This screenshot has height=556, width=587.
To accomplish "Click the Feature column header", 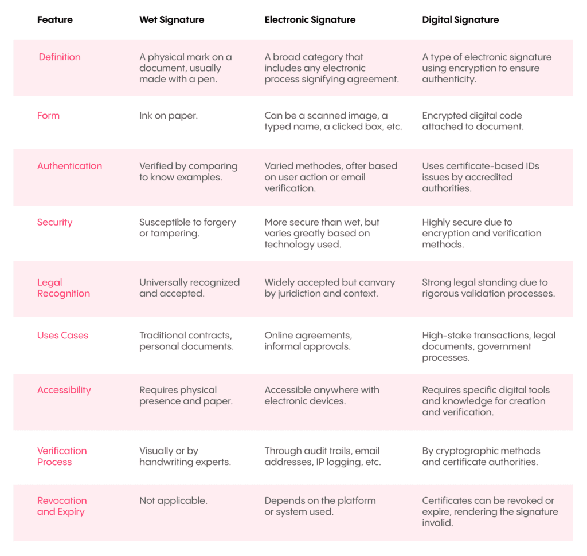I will click(x=55, y=19).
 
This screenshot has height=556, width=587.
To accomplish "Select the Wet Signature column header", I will click(x=171, y=19).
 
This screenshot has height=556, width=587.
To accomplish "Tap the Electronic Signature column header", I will click(x=310, y=19).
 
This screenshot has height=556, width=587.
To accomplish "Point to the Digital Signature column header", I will click(x=460, y=19).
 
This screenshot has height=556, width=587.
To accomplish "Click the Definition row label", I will click(x=60, y=57).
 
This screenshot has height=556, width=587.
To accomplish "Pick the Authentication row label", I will click(x=69, y=166).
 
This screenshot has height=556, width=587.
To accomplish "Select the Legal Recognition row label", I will click(x=63, y=288).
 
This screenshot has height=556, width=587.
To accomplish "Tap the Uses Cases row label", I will click(x=62, y=335).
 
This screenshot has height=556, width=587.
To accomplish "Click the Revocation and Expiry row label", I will click(x=62, y=506).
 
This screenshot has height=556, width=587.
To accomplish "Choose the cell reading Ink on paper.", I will click(x=169, y=115).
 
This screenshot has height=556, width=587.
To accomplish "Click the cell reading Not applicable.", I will click(x=173, y=500).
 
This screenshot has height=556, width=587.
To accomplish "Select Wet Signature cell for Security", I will click(x=187, y=228).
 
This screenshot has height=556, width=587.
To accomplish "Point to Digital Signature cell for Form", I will click(x=472, y=121).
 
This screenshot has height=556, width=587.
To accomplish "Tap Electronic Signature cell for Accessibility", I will click(x=322, y=396).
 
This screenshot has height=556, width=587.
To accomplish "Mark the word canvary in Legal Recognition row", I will click(x=378, y=282).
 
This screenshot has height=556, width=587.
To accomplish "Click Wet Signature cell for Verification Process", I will click(x=185, y=456).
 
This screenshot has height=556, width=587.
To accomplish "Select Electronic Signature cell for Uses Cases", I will click(x=308, y=341).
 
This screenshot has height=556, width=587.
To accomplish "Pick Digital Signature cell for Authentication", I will click(x=480, y=177).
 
